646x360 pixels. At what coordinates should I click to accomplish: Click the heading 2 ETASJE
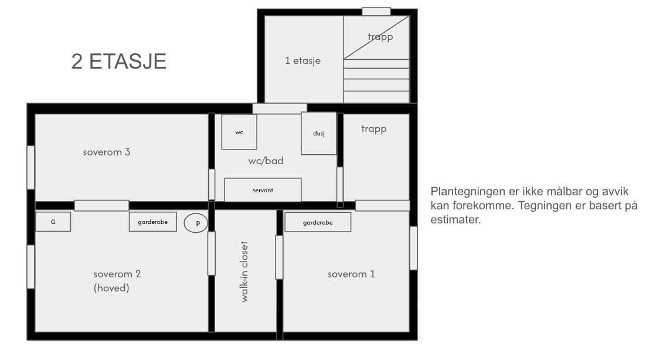[x=118, y=62]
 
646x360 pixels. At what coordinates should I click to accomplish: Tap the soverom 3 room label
[x=106, y=152]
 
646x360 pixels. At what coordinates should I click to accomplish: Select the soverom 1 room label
[x=351, y=274]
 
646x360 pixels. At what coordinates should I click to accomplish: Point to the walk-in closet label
[x=244, y=272]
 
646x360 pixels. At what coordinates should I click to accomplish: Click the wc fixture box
[x=239, y=132]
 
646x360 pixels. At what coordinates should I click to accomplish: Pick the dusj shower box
[x=318, y=134]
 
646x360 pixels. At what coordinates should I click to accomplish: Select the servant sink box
[x=263, y=190]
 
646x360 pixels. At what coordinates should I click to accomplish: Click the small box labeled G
[x=53, y=222]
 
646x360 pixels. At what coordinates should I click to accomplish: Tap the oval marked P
[x=196, y=223]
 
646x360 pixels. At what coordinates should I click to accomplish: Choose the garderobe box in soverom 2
[x=153, y=222]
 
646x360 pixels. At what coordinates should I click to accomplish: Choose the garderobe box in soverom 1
[x=318, y=222]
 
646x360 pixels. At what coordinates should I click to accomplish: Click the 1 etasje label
[x=303, y=60]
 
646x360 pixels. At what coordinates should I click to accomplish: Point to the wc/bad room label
[x=266, y=161]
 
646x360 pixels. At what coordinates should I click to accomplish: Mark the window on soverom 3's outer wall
[x=31, y=168]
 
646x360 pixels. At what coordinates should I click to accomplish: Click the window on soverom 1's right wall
[x=413, y=248]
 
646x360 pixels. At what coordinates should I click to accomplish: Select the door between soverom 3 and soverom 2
[x=101, y=205]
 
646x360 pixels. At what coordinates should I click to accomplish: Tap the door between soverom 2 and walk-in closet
[x=212, y=253]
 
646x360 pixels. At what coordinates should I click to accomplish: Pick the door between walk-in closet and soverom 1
[x=279, y=257]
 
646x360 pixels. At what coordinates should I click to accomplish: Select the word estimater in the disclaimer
[x=455, y=219]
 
